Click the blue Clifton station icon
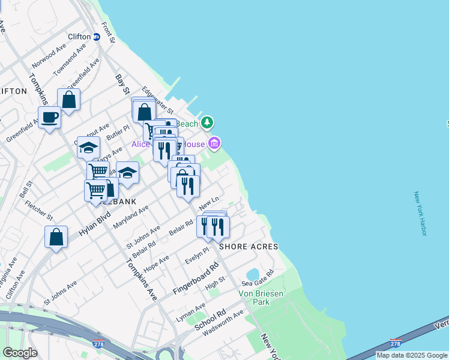point(96,37)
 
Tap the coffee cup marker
point(49,117)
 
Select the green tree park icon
point(207,123)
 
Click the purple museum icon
point(214,143)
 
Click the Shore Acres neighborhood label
point(249,247)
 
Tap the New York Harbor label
point(420,214)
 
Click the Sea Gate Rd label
point(258,277)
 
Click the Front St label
point(108,33)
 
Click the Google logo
point(19,353)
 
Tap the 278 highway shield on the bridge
point(395,343)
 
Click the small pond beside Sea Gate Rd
point(252,275)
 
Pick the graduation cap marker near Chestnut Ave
point(88,147)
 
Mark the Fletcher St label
point(39,209)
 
